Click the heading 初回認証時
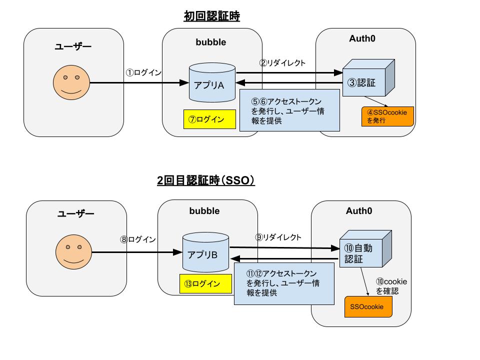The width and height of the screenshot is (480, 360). (x=212, y=17)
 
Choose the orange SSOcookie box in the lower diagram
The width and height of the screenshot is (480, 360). (x=368, y=306)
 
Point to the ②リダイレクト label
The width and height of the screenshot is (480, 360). (x=282, y=63)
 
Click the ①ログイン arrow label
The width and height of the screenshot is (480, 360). (x=143, y=72)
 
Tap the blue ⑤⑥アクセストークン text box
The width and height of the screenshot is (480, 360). (x=289, y=110)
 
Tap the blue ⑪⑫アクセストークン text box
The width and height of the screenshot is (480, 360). (x=283, y=283)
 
